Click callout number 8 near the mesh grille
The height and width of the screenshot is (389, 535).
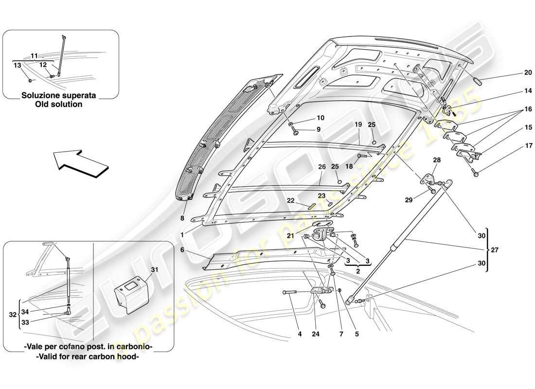[182, 219]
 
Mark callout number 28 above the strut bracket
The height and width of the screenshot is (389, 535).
[436, 159]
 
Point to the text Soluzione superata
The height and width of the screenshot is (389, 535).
[58, 95]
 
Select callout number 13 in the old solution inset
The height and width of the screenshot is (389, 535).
[17, 65]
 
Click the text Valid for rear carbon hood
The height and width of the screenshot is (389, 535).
[88, 356]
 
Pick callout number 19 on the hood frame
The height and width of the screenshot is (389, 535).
[358, 125]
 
